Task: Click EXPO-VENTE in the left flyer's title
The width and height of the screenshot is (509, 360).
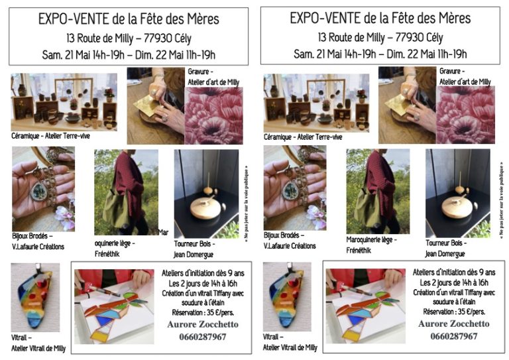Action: pos(73,19)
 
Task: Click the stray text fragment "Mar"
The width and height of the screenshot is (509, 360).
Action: pos(163,232)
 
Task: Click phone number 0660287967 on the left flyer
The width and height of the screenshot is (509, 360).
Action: pos(203,337)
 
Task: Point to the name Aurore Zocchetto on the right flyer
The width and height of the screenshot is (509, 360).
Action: pos(454,324)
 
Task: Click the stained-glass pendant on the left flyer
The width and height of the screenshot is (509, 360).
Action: pos(35,297)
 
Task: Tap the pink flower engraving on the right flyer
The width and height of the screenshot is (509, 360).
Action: pos(465,115)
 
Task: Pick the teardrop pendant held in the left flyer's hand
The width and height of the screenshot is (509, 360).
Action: pos(39,191)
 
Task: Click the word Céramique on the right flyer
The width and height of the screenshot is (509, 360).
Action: pos(277,137)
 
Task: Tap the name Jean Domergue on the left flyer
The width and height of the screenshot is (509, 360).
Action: pos(194,255)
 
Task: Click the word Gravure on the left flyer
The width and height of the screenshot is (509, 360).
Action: pos(198,71)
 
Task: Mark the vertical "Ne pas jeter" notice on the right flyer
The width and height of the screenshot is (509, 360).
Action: pos(502,203)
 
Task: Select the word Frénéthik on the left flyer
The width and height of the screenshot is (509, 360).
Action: pos(107,253)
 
